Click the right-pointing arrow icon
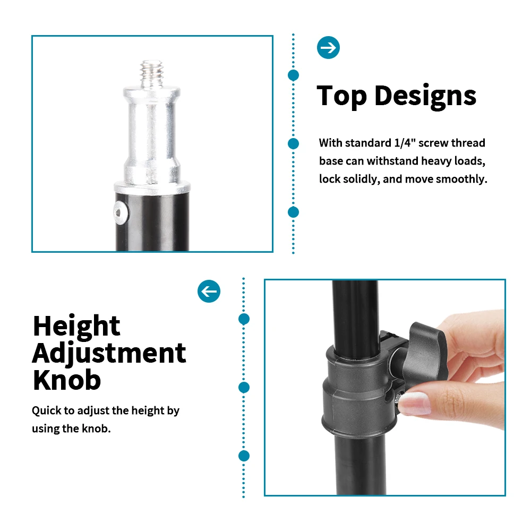pos(328,47)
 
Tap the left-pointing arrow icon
pos(209,291)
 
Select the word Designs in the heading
pos(425,97)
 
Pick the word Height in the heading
pos(76,327)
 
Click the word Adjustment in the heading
pos(109,354)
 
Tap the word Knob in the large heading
pos(67,380)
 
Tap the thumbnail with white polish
pos(415,404)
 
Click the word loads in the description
pos(470,161)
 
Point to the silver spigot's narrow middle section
pos(152,133)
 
